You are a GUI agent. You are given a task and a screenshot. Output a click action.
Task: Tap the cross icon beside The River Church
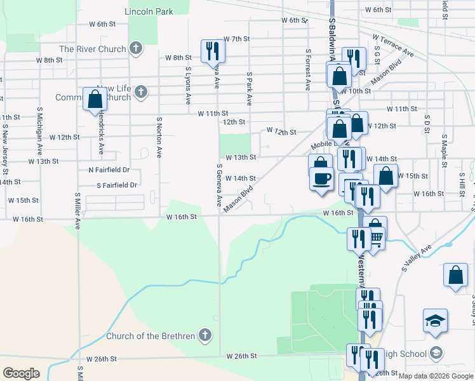pyautogui.click(x=135, y=48)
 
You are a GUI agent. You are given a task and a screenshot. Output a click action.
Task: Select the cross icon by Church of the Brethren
pyautogui.click(x=204, y=335)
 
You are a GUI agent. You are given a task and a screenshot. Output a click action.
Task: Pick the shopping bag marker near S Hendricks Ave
pyautogui.click(x=95, y=99)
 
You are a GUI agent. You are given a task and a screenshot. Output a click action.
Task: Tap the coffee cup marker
pyautogui.click(x=322, y=178)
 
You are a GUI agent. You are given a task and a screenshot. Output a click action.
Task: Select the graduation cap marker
pyautogui.click(x=436, y=321)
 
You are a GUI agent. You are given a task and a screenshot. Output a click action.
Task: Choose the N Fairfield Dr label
pyautogui.click(x=109, y=170)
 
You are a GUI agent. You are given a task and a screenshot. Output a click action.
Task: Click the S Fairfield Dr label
pyautogui.click(x=117, y=185)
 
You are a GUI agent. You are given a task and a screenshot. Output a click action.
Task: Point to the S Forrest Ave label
pyautogui.click(x=308, y=70)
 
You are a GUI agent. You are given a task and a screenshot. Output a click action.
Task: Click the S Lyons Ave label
pyautogui.click(x=188, y=85)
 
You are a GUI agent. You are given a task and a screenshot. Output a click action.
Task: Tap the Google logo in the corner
pyautogui.click(x=21, y=373)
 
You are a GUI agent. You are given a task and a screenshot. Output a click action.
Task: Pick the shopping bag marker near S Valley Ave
pyautogui.click(x=455, y=276)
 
